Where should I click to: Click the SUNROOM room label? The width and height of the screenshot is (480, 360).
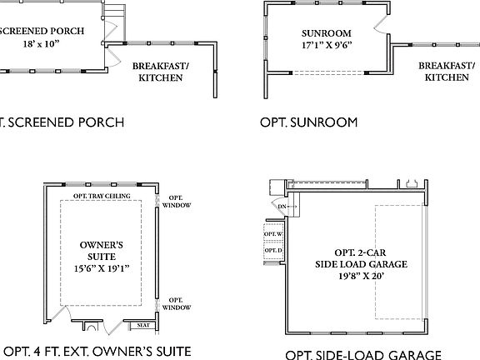(325, 34)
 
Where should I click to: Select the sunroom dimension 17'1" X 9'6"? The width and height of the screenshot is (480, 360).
(325, 47)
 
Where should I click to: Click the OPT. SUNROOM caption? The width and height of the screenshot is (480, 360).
(308, 122)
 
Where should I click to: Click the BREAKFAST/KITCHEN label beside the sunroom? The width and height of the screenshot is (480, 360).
(446, 72)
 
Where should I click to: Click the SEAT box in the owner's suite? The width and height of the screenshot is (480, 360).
(143, 325)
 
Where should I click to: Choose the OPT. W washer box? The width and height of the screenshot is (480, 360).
(273, 234)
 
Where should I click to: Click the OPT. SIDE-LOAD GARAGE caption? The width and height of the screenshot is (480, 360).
(363, 354)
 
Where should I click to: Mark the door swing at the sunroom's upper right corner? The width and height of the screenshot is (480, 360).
(382, 22)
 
